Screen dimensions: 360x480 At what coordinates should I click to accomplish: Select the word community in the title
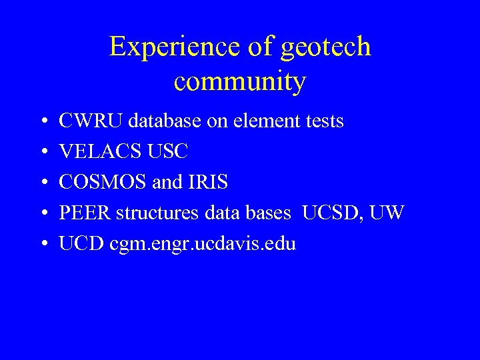[x=240, y=81]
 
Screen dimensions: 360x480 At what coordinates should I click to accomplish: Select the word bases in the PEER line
[x=270, y=213]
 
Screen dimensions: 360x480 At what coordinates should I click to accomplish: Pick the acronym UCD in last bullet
[x=79, y=244]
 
